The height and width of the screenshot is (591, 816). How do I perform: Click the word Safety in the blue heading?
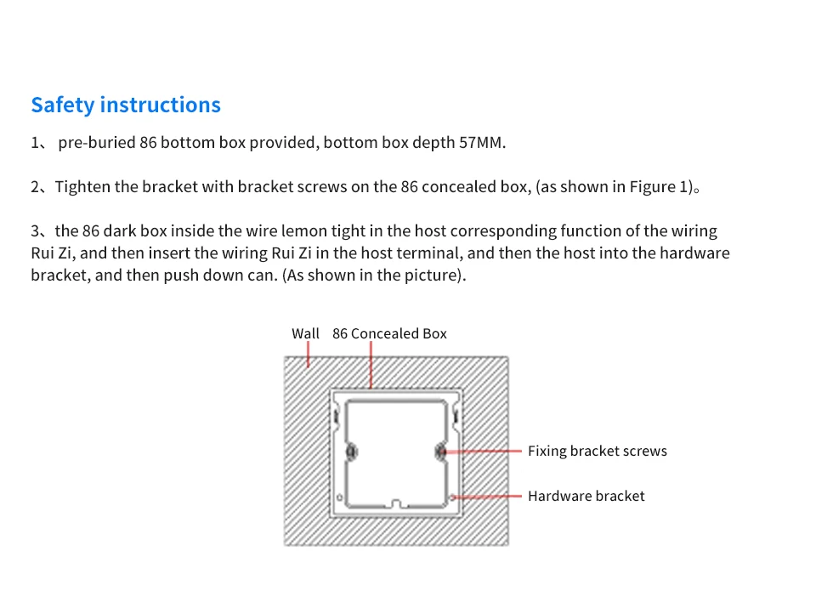[x=63, y=105]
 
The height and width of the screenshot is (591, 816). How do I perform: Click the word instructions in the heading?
[x=161, y=105]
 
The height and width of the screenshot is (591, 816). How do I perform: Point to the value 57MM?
[x=482, y=142]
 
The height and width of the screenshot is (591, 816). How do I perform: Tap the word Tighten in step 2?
[x=82, y=187]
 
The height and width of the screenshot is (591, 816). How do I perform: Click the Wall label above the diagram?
[x=305, y=333]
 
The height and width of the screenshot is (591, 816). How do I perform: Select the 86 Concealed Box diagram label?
[x=390, y=333]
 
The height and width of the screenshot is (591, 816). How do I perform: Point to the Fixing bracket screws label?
[x=598, y=451]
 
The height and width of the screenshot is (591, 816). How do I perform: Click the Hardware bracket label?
[x=586, y=496]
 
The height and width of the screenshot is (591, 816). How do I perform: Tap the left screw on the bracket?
[x=352, y=452]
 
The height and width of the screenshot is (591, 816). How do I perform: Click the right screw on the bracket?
[x=440, y=452]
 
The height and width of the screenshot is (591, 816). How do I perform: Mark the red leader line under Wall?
[x=308, y=355]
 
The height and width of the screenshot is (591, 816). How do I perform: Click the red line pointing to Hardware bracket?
[x=486, y=497]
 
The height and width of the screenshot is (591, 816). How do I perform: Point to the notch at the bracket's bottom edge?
[x=396, y=503]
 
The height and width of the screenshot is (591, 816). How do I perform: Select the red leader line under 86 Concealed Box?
[x=371, y=365]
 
